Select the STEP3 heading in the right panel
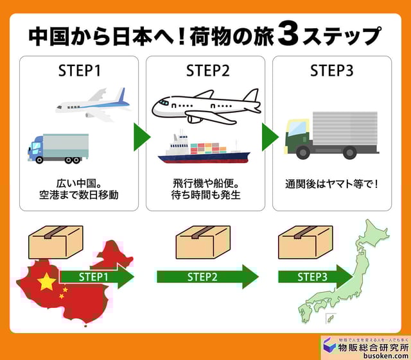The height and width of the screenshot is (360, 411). click(x=331, y=71)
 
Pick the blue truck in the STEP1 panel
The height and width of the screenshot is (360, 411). click(x=58, y=148)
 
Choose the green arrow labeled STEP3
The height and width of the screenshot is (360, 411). click(x=315, y=277)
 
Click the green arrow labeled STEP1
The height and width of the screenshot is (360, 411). click(x=96, y=277)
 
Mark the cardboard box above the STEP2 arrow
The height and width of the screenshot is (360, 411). click(x=202, y=243)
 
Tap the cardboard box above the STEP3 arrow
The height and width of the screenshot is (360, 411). click(x=304, y=243)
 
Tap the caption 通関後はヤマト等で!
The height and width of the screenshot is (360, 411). click(x=331, y=184)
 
